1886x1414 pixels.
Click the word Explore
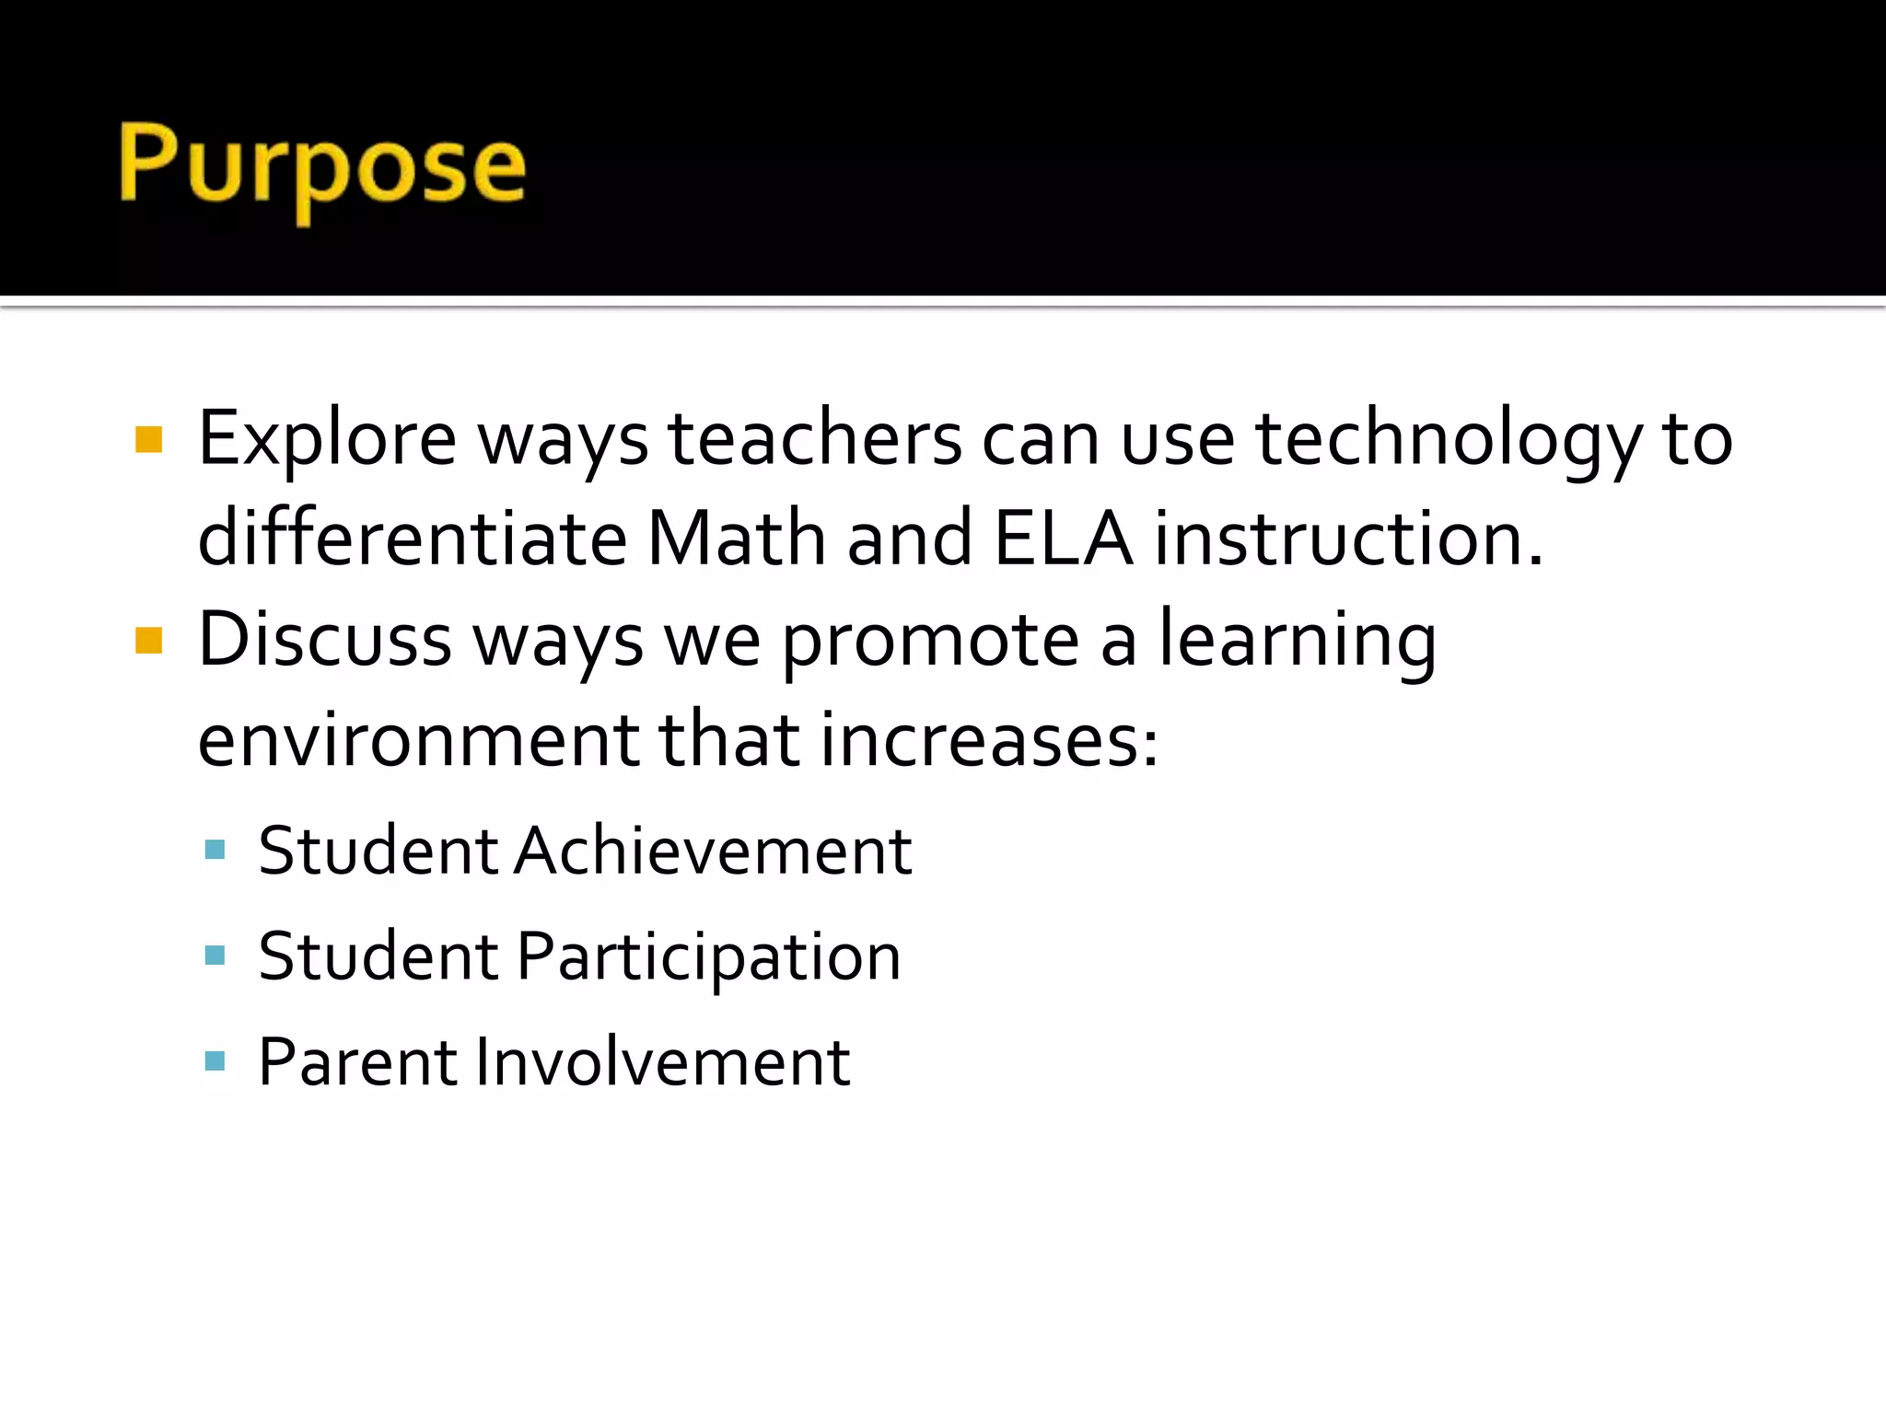pyautogui.click(x=327, y=440)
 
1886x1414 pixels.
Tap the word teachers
pyautogui.click(x=814, y=440)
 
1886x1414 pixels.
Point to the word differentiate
pyautogui.click(x=413, y=539)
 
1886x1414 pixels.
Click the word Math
pyautogui.click(x=736, y=539)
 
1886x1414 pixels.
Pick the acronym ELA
pyautogui.click(x=1063, y=539)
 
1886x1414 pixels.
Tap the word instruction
pyautogui.click(x=1348, y=539)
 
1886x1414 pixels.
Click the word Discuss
pyautogui.click(x=325, y=640)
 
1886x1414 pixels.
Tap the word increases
pyautogui.click(x=988, y=741)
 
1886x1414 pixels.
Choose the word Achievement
pyautogui.click(x=714, y=852)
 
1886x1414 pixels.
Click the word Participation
pyautogui.click(x=708, y=958)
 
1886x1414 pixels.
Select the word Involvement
pyautogui.click(x=662, y=1063)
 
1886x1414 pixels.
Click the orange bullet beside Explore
pyautogui.click(x=148, y=440)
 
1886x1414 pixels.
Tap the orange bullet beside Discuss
pyautogui.click(x=148, y=640)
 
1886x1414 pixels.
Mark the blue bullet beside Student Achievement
pyautogui.click(x=215, y=850)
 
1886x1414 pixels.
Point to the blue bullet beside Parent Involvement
pyautogui.click(x=215, y=1062)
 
